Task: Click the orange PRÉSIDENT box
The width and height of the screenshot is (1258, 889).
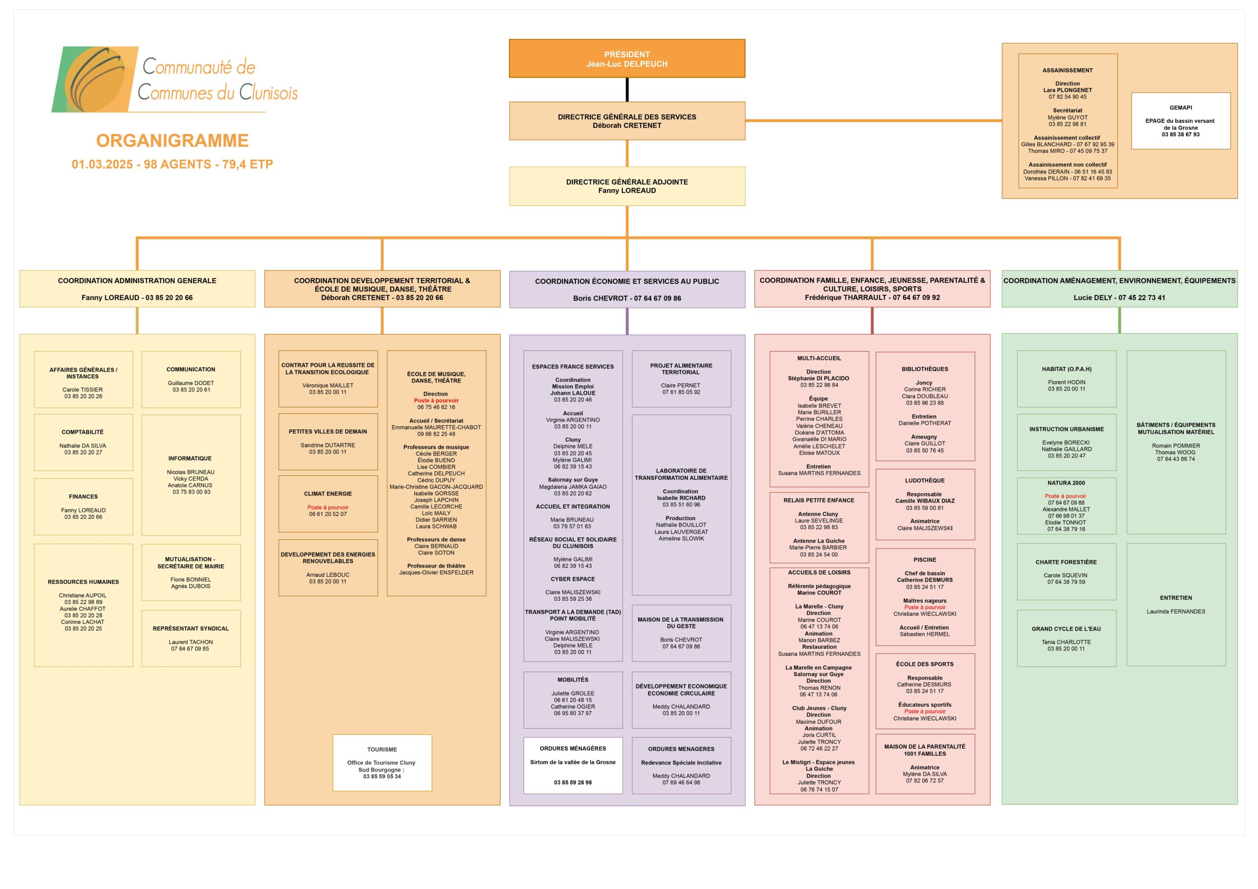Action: pos(627,58)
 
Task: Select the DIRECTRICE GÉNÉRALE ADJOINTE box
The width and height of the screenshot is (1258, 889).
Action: pos(627,186)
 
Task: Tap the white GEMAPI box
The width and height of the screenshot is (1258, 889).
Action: pos(1181,120)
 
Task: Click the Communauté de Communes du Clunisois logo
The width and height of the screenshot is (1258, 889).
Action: pos(175,80)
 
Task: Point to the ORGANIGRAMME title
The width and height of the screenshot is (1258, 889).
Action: pos(172,141)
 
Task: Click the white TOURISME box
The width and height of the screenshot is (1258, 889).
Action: pos(382,762)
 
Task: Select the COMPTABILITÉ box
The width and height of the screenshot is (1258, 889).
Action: pos(83,443)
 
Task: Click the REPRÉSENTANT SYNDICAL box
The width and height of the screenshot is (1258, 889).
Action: pos(191,638)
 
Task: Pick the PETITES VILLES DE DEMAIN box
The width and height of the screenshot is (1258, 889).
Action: pos(328,442)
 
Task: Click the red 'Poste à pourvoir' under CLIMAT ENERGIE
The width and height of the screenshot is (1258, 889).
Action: pos(328,507)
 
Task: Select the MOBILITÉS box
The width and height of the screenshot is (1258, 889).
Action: pos(573,700)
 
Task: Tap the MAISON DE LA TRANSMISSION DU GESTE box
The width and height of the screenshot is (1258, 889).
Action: pos(681,633)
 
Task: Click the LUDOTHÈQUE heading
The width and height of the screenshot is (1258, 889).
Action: pos(925,480)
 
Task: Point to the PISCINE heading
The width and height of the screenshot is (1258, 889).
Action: pos(925,560)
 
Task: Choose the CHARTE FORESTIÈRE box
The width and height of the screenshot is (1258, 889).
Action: pos(1066,572)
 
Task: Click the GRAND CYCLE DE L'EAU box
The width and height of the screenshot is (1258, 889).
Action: pos(1066,638)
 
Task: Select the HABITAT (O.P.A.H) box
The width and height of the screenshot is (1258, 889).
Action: pos(1066,379)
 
